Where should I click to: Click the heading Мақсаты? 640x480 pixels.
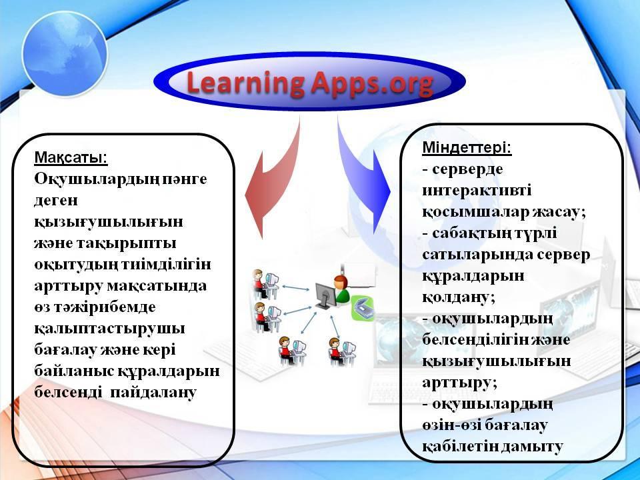[71, 157]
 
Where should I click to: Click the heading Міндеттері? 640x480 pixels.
[467, 147]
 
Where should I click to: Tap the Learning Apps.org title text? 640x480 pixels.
[310, 83]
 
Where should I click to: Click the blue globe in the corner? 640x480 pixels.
[65, 53]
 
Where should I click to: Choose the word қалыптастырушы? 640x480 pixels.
[109, 329]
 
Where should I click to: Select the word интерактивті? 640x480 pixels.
[477, 191]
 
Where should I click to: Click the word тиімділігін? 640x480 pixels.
[167, 265]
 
